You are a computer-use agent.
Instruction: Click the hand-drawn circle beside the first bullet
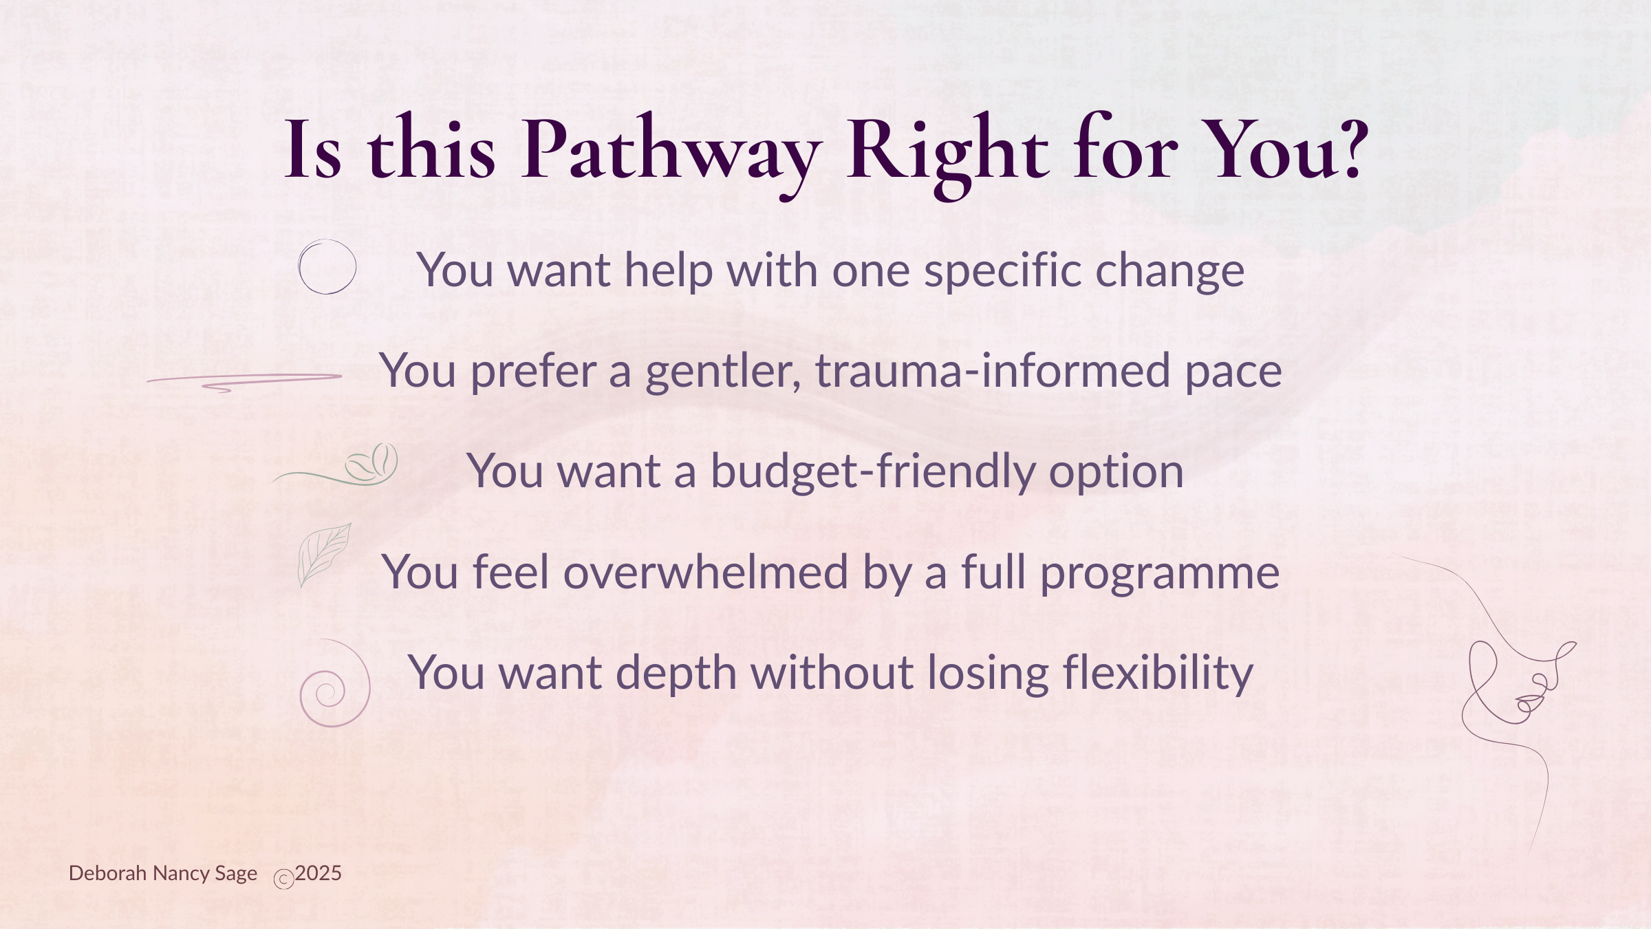pos(327,267)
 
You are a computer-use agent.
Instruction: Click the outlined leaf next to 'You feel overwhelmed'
pos(324,555)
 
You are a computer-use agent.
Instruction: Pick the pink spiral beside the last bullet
pos(335,683)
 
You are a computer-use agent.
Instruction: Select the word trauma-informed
pos(993,371)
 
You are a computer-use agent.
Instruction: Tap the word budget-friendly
pos(872,472)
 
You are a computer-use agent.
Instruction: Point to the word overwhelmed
pos(706,572)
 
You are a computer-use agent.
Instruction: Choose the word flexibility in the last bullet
pos(1158,673)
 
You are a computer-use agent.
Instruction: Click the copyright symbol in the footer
pos(284,879)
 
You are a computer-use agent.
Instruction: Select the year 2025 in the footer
pos(319,873)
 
